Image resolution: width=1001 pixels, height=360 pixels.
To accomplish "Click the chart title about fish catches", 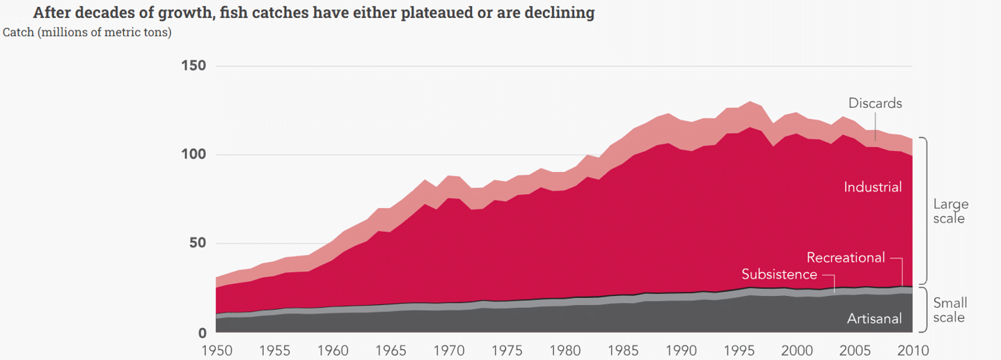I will [313, 13].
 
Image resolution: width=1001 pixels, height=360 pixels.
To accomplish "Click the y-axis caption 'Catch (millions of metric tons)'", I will [87, 32].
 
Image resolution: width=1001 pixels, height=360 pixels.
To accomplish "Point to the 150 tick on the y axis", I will [194, 66].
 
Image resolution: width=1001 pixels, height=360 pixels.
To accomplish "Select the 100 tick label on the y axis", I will [194, 155].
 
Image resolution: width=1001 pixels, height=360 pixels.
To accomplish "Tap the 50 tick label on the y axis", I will [198, 244].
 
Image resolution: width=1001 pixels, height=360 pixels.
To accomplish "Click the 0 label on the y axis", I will [202, 332].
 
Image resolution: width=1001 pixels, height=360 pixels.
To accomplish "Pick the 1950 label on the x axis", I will [216, 350].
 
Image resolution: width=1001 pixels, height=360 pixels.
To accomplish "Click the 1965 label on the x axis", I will [390, 350].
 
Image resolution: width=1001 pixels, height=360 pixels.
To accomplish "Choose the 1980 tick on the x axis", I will [564, 350].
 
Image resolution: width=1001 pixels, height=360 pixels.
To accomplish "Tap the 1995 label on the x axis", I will [738, 350].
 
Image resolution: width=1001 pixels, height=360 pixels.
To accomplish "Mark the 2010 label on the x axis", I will [911, 350].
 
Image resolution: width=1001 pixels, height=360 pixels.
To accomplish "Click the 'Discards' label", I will [875, 103].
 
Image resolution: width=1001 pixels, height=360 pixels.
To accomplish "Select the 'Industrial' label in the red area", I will [872, 187].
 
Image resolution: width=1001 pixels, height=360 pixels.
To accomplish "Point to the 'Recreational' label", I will [846, 258].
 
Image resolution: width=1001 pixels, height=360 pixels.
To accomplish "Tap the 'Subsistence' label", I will [779, 274].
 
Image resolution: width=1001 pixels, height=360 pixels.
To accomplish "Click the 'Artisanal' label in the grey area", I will [874, 319].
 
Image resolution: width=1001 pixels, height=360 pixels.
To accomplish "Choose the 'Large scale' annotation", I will [951, 211].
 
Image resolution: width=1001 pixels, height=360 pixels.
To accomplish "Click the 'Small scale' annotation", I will [950, 310].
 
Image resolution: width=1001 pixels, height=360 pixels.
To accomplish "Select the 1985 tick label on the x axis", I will [622, 350].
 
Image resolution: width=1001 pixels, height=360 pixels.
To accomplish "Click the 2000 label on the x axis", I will [796, 350].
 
